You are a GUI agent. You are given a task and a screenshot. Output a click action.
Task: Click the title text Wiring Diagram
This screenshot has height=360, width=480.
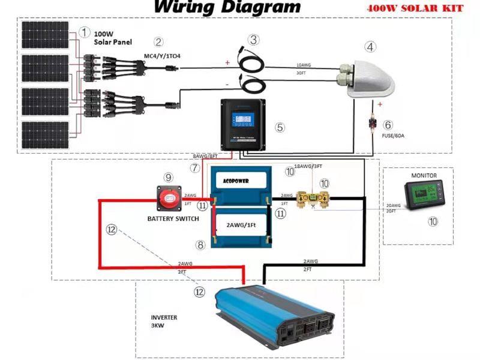227,7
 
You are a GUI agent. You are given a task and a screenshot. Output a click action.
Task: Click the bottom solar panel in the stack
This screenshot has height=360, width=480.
47,136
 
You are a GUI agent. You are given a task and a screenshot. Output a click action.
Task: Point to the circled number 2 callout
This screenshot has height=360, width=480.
158,42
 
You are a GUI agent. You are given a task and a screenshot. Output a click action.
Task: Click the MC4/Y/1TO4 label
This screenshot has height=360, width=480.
162,56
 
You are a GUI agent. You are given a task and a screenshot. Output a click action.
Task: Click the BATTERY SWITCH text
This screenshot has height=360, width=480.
173,218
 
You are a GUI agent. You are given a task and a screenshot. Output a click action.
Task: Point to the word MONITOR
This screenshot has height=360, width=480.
424,176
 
